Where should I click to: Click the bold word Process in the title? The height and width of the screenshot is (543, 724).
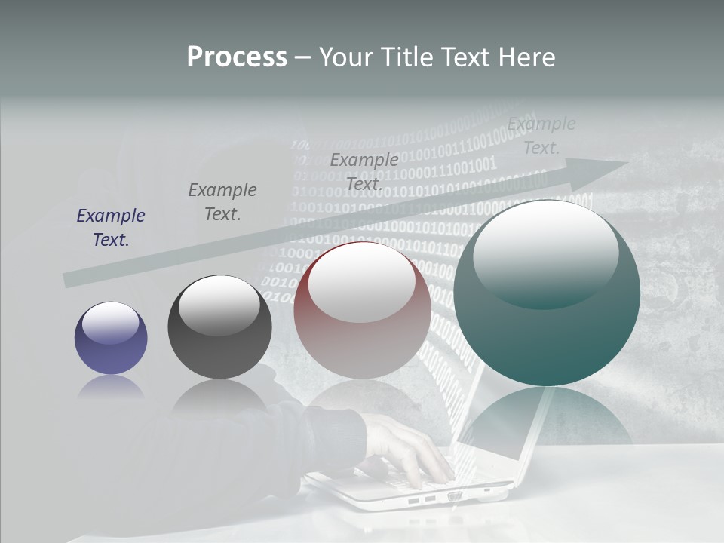pos(237,57)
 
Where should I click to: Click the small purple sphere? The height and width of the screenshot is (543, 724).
pos(111,339)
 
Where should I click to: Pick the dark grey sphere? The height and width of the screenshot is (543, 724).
pos(219,328)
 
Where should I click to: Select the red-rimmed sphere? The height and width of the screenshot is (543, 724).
pos(362,311)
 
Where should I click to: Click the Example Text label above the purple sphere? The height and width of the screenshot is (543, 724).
pos(111,228)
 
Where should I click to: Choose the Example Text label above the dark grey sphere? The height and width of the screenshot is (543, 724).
pos(222,201)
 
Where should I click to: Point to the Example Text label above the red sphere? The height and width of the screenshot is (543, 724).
pos(364,171)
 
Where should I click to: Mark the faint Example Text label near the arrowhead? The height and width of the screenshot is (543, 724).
pos(541,136)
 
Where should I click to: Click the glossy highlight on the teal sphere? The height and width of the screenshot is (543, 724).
pos(545,253)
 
